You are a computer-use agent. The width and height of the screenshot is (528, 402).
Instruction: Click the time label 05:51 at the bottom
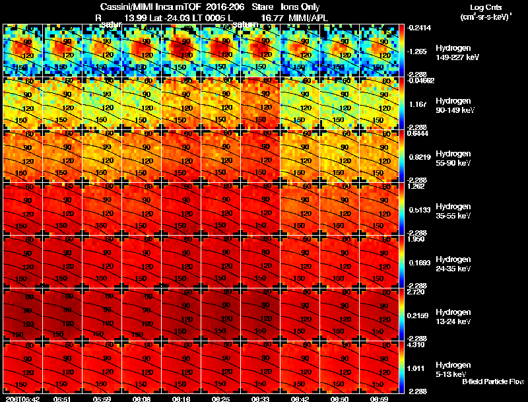click(x=63, y=398)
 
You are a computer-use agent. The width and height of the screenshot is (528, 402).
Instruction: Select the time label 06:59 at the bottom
click(x=380, y=398)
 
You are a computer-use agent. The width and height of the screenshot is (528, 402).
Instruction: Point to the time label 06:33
click(x=261, y=398)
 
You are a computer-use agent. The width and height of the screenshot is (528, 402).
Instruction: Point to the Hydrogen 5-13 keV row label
click(x=452, y=370)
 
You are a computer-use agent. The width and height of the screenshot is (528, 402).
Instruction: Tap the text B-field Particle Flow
click(x=492, y=382)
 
